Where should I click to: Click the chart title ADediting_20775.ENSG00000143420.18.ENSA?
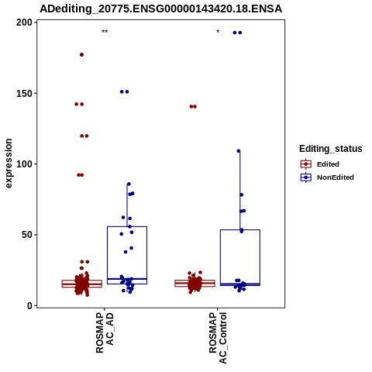coord(160,9)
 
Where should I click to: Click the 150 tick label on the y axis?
coord(24,93)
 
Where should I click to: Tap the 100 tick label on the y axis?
coord(24,164)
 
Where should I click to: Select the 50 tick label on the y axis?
coord(27,235)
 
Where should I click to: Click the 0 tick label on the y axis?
coord(30,305)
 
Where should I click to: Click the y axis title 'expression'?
coord(9,164)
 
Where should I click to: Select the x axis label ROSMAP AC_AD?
coord(105,333)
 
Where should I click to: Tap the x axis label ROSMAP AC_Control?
coord(218,338)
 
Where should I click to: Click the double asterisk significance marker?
coord(105,32)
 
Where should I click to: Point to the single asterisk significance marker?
coord(218,32)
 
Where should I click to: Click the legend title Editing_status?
coord(331,149)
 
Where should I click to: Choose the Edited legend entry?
coord(319,164)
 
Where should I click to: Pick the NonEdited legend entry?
coord(327,177)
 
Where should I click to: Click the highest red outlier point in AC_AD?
coord(81,55)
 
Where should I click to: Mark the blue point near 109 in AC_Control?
coord(239,151)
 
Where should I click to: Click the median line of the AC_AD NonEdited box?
coord(127,279)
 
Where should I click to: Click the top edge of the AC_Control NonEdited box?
coord(240,229)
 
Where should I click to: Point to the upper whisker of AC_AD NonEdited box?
coord(127,205)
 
